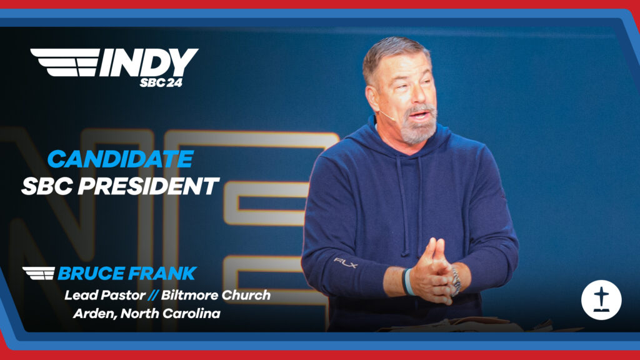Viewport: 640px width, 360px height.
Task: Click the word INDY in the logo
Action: (x=149, y=62)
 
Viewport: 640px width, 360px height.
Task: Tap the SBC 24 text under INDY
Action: (x=161, y=82)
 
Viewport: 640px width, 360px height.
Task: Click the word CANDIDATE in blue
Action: (x=121, y=159)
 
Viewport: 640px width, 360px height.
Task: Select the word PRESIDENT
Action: (x=149, y=186)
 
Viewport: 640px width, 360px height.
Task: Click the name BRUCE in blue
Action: (x=91, y=274)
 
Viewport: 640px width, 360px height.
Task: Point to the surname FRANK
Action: (x=162, y=274)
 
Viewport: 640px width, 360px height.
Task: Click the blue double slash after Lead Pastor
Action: (x=153, y=295)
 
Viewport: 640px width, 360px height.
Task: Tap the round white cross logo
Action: (x=601, y=299)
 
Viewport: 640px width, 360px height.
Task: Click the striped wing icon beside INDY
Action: (x=65, y=62)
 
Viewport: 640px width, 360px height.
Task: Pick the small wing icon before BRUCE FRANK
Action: (x=39, y=274)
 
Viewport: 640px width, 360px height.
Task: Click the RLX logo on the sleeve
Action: (x=345, y=262)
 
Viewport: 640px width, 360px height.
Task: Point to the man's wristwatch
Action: (x=456, y=281)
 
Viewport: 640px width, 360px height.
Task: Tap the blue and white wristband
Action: (x=407, y=282)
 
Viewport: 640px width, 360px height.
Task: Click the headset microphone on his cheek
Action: (x=386, y=115)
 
